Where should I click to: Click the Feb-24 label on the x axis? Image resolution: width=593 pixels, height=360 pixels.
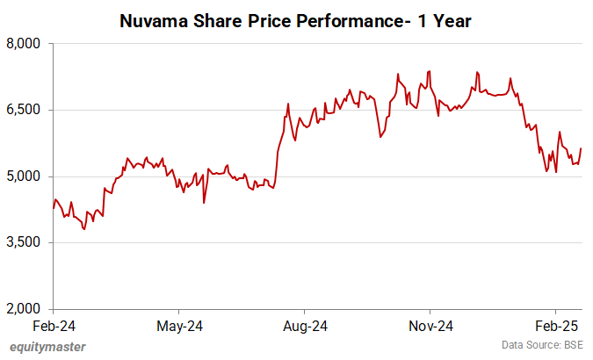[x=54, y=326]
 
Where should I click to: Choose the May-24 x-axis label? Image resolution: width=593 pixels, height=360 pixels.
[x=179, y=326]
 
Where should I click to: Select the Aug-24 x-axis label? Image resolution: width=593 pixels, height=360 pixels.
[x=304, y=326]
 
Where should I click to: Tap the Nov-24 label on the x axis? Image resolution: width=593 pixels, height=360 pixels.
[x=430, y=326]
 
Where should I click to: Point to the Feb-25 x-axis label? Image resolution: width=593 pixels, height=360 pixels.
[x=555, y=326]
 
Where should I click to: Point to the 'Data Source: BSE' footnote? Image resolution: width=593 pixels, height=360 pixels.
[x=544, y=345]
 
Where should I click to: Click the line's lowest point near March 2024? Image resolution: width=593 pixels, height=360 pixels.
[x=84, y=229]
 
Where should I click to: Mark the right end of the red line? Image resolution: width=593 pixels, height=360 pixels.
[x=581, y=148]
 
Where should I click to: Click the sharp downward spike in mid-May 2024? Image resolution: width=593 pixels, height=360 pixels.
[x=204, y=203]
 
